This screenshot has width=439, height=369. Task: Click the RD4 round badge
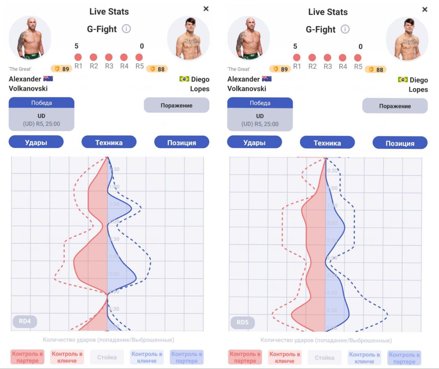25,321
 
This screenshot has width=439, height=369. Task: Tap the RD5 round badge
242,323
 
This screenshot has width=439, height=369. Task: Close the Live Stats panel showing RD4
206,9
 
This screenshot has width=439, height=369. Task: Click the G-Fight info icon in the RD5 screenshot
345,29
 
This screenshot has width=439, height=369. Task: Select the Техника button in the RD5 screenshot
327,143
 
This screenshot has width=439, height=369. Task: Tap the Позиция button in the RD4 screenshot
181,143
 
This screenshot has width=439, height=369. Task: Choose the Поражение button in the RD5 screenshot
395,106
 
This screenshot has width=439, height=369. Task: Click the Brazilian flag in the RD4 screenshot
184,79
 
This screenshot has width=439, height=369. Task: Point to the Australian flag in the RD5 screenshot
266,79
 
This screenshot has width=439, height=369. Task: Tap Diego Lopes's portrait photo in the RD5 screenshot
407,38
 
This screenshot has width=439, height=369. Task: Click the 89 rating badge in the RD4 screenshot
62,69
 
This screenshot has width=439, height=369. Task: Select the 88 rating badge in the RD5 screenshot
376,69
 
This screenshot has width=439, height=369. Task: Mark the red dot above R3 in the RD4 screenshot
109,57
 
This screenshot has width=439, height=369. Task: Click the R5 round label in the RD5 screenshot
358,66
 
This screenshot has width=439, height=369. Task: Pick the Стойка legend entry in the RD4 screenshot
107,357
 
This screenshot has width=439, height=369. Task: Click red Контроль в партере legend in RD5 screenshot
245,357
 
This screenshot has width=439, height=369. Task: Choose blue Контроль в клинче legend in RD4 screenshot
147,357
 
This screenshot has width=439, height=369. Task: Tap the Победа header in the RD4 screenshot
41,103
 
